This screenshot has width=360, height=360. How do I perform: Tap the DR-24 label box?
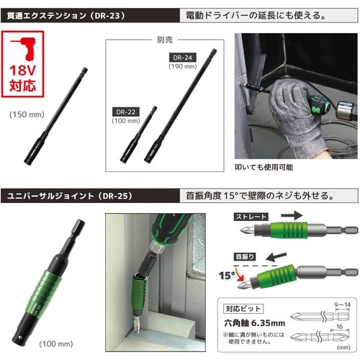click(184, 56)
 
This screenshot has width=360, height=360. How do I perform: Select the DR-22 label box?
click(127, 112)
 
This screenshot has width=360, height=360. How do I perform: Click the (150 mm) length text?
click(27, 114)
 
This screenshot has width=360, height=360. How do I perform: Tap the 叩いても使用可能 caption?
click(268, 166)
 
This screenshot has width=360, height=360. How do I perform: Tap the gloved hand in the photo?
click(276, 115)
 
